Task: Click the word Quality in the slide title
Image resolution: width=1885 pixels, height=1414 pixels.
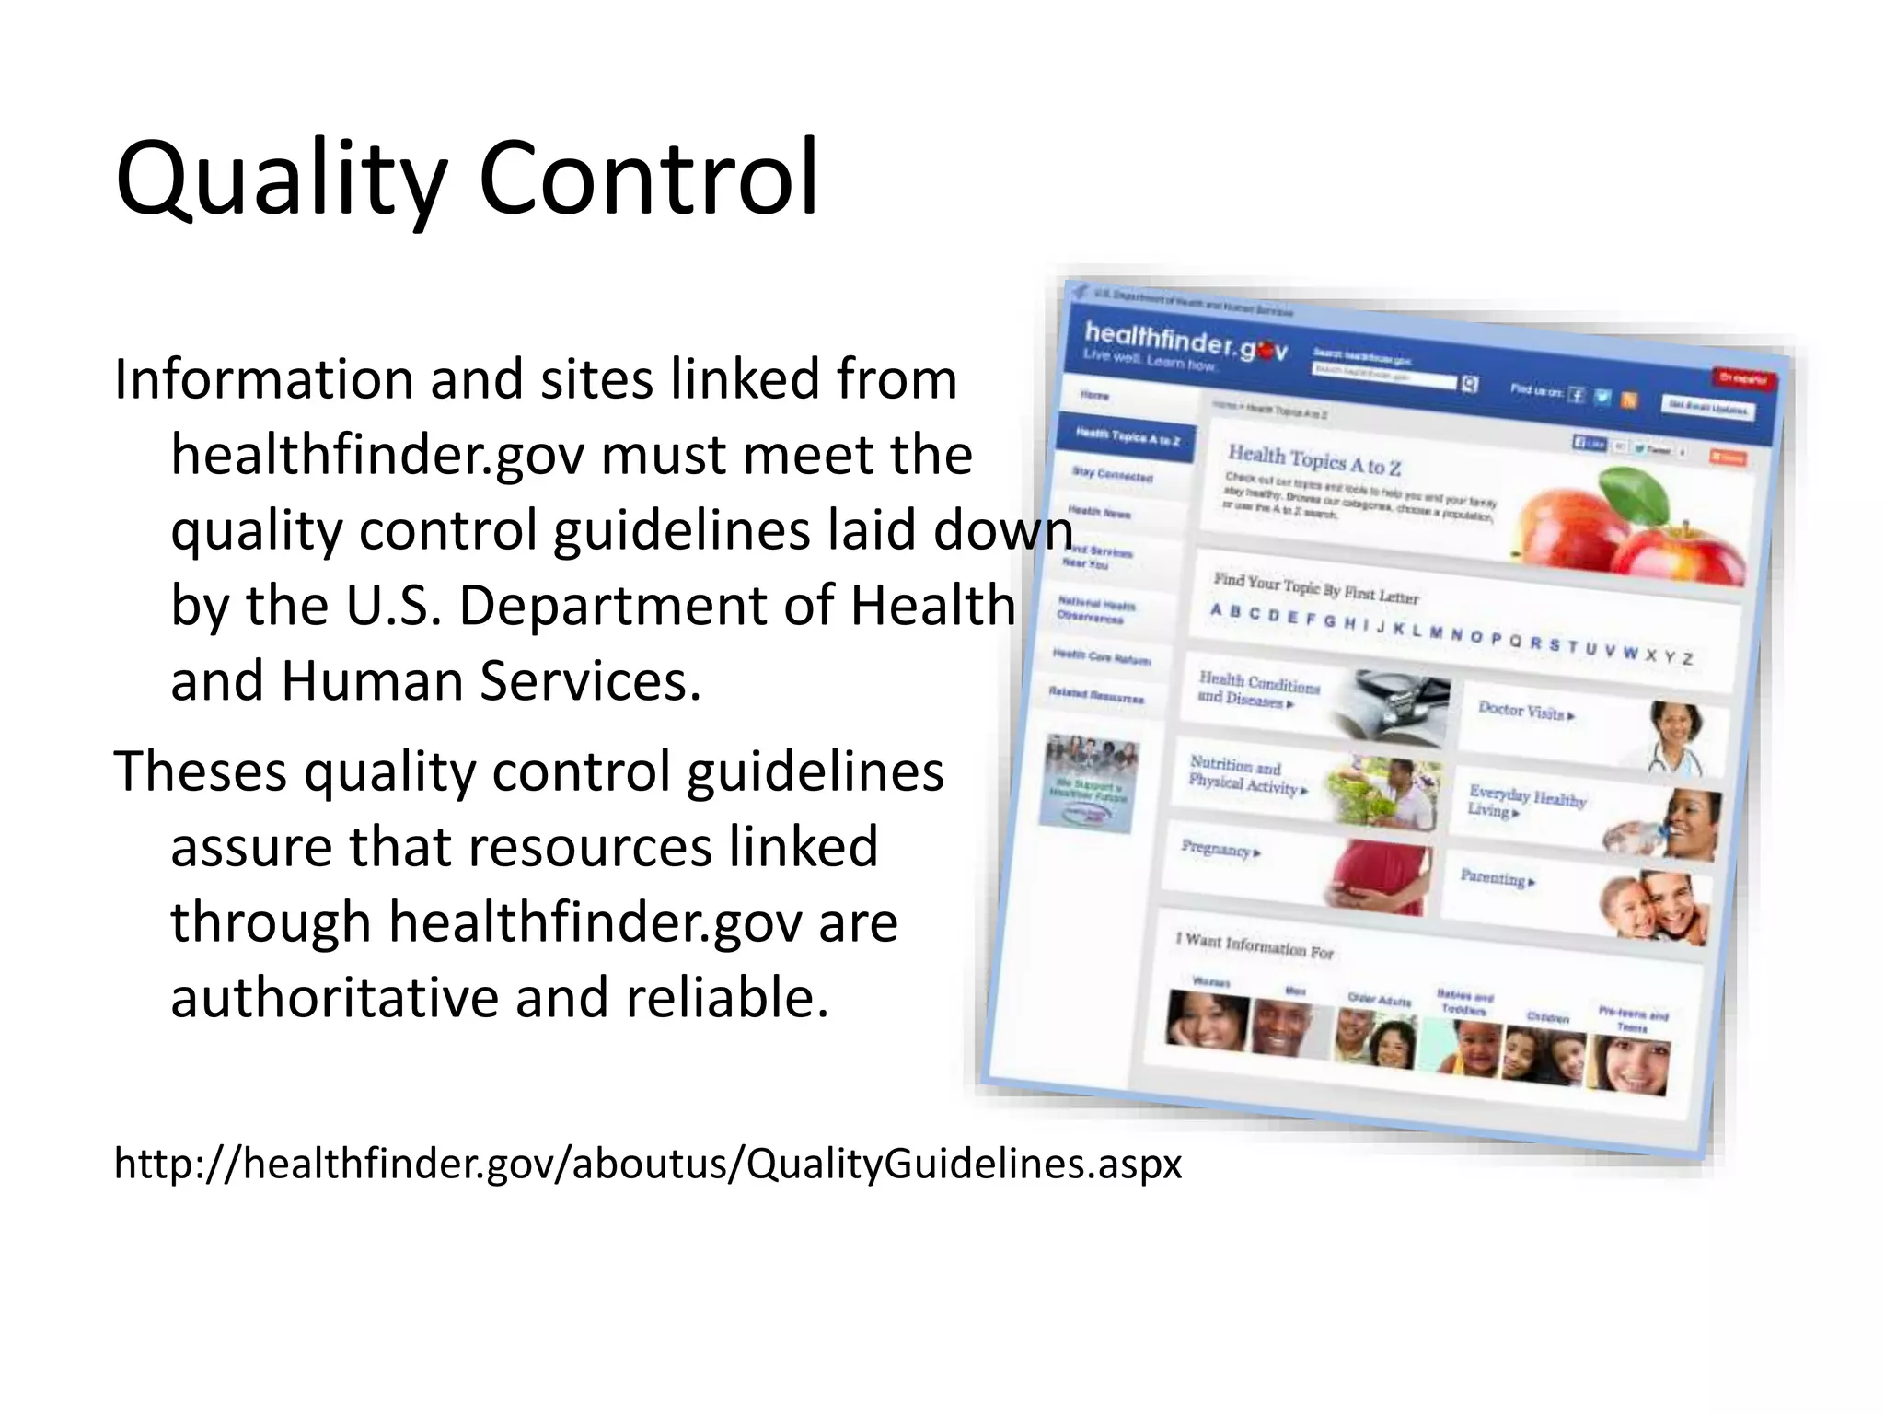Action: coord(281,180)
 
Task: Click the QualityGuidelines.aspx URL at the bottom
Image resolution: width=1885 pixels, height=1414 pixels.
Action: coord(647,1164)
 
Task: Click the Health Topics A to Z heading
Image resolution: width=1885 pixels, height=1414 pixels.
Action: coord(1314,458)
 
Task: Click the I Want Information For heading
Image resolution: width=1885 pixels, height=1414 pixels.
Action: coord(1254,945)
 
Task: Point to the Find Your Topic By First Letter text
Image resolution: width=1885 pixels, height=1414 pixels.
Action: coord(1315,588)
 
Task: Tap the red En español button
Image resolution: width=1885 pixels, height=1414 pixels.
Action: coord(1743,378)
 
